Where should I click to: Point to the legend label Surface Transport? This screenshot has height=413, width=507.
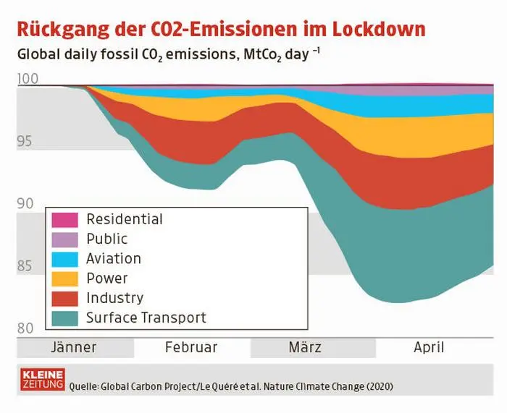coord(146,318)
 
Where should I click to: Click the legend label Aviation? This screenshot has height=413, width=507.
coord(113,258)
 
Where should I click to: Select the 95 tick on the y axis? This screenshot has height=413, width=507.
coord(25,141)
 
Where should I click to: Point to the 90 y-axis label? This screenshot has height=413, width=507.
coord(25,203)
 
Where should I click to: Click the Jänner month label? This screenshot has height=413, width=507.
coord(74,347)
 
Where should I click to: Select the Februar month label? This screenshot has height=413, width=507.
coord(191,347)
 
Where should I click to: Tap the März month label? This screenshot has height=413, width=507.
coord(305,347)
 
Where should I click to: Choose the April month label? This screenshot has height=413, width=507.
coord(429,347)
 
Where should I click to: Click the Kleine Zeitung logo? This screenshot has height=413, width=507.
coord(43,379)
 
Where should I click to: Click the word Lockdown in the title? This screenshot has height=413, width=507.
coord(372,30)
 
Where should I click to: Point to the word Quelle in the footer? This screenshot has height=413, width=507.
coord(83,386)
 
